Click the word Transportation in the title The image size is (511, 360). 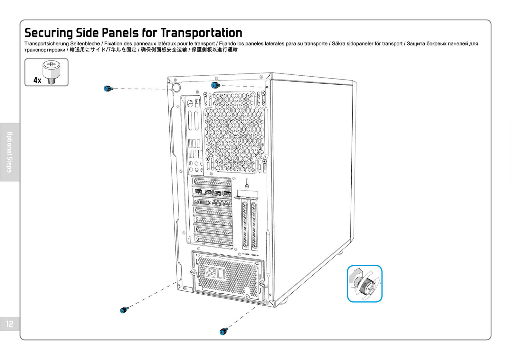pyautogui.click(x=201, y=33)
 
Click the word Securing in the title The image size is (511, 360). pyautogui.click(x=49, y=33)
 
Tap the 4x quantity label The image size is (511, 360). pyautogui.click(x=37, y=80)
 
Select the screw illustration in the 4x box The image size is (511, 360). pyautogui.click(x=51, y=72)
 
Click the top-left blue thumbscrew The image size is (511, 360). pyautogui.click(x=108, y=88)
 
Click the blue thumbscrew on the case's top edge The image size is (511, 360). pyautogui.click(x=216, y=85)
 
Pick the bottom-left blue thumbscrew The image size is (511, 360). pyautogui.click(x=124, y=310)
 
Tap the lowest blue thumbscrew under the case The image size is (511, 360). pyautogui.click(x=224, y=332)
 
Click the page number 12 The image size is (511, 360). pyautogui.click(x=10, y=324)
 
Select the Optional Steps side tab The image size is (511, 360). pyautogui.click(x=10, y=152)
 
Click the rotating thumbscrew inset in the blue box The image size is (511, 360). pyautogui.click(x=364, y=283)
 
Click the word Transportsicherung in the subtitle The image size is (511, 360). pyautogui.click(x=47, y=44)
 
